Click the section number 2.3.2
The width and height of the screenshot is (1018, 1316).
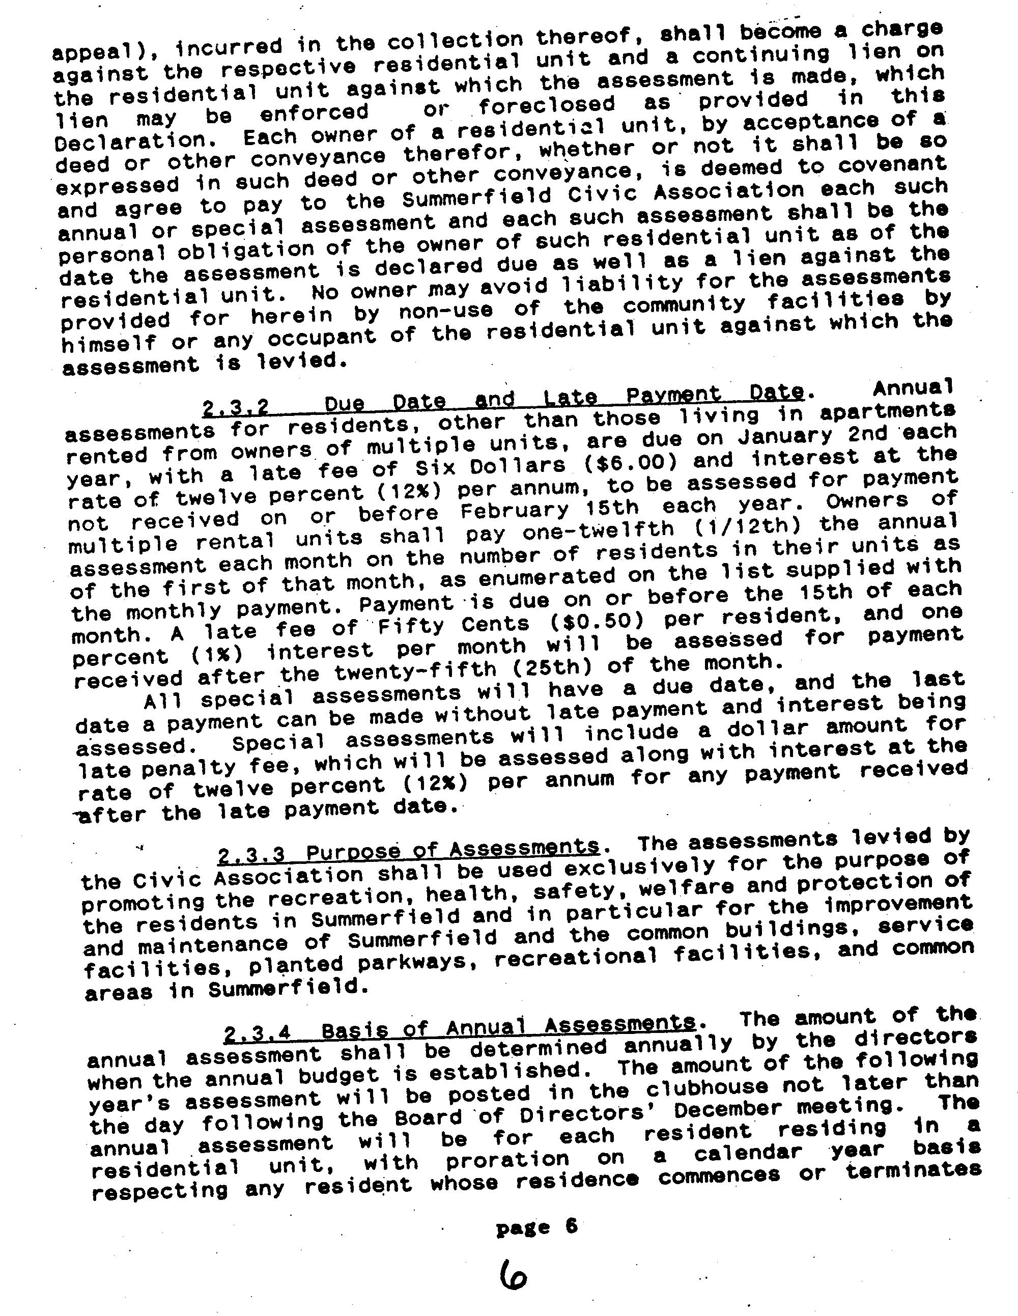(x=236, y=409)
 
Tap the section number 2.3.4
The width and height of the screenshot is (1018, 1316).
(x=257, y=1033)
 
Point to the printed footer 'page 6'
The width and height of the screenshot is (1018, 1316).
(x=536, y=1227)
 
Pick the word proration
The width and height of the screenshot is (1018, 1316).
(x=507, y=1159)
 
